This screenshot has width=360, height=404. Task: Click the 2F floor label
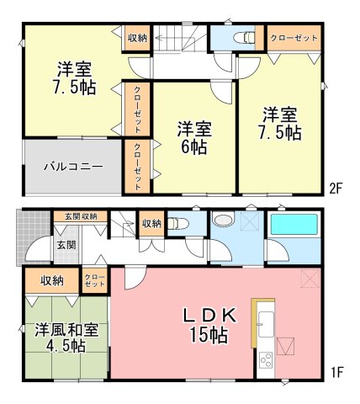pyautogui.click(x=336, y=189)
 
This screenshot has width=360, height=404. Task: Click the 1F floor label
pyautogui.click(x=336, y=373)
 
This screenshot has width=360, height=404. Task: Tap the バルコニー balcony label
pyautogui.click(x=73, y=167)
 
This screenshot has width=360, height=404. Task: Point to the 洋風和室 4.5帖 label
pyautogui.click(x=66, y=338)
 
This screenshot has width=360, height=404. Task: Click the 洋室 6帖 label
pyautogui.click(x=194, y=138)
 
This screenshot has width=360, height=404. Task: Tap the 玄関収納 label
pyautogui.click(x=81, y=216)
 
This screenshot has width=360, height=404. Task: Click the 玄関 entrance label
pyautogui.click(x=66, y=245)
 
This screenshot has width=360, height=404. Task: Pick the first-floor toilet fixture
pyautogui.click(x=177, y=224)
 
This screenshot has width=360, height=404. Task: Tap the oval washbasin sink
pyautogui.click(x=223, y=219)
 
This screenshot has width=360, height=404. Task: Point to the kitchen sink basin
pyautogui.click(x=266, y=324)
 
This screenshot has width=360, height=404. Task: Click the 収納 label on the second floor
pyautogui.click(x=137, y=38)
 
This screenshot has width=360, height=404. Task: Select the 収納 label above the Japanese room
pyautogui.click(x=52, y=281)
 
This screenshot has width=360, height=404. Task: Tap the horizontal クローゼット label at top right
pyautogui.click(x=294, y=38)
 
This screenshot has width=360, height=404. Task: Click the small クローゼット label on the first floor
pyautogui.click(x=95, y=280)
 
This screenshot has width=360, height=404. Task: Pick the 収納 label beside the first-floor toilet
pyautogui.click(x=151, y=224)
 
